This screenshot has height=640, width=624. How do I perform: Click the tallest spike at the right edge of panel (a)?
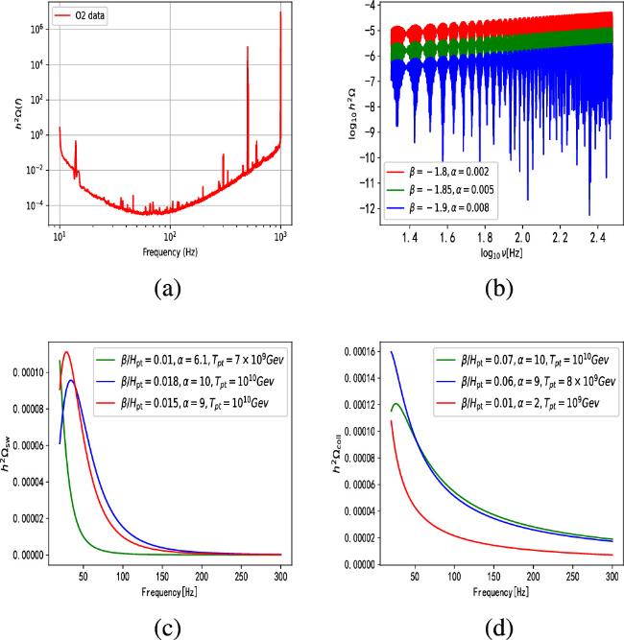tap(280, 13)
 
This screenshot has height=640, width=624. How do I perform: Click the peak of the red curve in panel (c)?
tap(66, 352)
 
